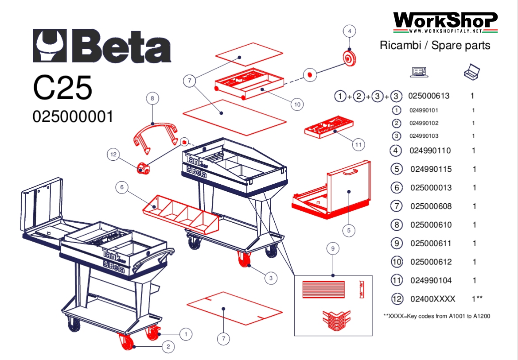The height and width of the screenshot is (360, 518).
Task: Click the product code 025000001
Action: (x=73, y=116)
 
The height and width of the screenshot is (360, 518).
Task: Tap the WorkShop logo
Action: (x=445, y=22)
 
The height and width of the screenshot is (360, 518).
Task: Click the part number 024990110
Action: (x=430, y=151)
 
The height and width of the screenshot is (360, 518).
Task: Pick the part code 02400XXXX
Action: (x=432, y=299)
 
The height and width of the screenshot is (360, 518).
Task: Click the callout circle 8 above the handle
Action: (x=152, y=98)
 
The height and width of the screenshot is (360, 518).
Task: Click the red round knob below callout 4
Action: (x=350, y=58)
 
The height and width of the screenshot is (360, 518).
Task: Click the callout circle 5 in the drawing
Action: (x=349, y=230)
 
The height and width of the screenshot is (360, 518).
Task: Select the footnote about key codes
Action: (x=436, y=316)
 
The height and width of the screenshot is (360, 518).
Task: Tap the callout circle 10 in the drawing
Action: (x=297, y=104)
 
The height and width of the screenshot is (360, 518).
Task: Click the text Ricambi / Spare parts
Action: (x=435, y=45)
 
